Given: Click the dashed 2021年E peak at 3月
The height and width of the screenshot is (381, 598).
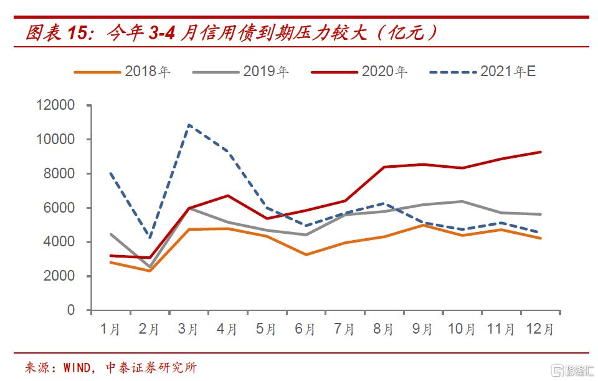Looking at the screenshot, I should pyautogui.click(x=189, y=125).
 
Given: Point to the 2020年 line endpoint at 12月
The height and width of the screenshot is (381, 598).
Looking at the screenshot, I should pyautogui.click(x=540, y=152).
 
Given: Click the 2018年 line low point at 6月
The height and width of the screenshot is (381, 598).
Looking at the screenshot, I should pyautogui.click(x=305, y=254).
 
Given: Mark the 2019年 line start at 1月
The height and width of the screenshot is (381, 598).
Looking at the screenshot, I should pyautogui.click(x=110, y=234).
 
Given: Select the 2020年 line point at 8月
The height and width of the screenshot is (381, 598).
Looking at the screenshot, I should pyautogui.click(x=384, y=167).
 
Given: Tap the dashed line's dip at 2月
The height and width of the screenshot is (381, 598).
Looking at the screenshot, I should pyautogui.click(x=149, y=238).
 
